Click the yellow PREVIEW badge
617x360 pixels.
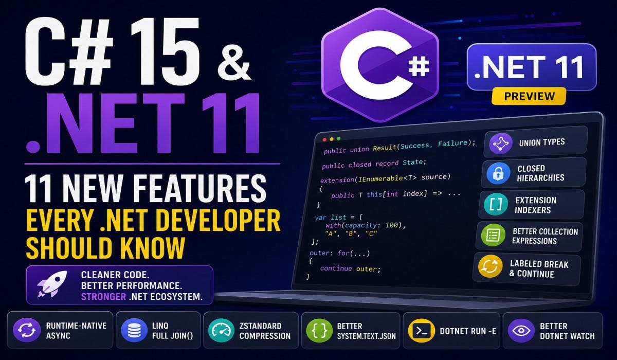[529, 96]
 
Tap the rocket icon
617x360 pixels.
[52, 284]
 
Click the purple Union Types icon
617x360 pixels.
[501, 143]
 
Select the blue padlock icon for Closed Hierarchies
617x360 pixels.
[498, 173]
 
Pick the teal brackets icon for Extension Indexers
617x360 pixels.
[496, 204]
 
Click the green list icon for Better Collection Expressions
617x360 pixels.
[493, 235]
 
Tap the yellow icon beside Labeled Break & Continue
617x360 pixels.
[489, 266]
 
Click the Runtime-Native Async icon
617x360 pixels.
[27, 330]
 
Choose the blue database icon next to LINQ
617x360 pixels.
[134, 330]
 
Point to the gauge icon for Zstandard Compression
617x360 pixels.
[221, 330]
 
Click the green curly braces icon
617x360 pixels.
[319, 330]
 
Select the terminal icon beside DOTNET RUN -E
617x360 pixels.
[422, 331]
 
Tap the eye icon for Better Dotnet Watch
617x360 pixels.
[521, 331]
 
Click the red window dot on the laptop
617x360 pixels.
[324, 140]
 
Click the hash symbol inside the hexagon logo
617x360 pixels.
[419, 66]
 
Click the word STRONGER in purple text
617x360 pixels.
[103, 297]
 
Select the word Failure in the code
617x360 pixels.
[453, 143]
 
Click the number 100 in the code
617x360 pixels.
[391, 225]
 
